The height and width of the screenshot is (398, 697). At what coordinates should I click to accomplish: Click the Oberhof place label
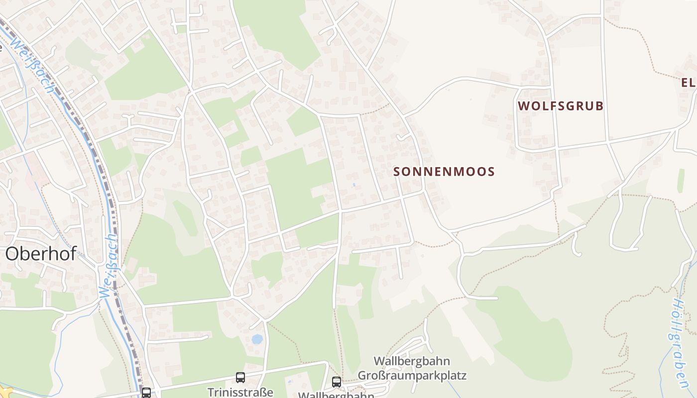click(x=41, y=254)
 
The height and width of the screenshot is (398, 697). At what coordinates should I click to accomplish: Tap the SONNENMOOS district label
click(x=444, y=172)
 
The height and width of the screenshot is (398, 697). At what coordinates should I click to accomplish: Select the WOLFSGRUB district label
click(x=561, y=106)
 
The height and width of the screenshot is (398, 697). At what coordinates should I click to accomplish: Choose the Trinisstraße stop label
click(x=240, y=392)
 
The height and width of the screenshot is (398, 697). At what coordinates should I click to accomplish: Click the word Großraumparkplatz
click(x=412, y=375)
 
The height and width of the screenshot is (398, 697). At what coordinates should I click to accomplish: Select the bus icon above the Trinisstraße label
click(x=240, y=378)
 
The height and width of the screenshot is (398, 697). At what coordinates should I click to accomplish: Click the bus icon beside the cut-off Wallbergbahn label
click(x=337, y=382)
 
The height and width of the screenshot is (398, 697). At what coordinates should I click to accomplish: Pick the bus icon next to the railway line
click(x=146, y=393)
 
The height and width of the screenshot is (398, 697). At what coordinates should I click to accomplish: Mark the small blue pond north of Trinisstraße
click(x=257, y=339)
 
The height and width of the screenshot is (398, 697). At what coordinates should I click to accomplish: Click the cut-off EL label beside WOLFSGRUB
click(x=689, y=83)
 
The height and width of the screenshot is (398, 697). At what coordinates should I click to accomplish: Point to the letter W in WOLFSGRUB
click(x=523, y=106)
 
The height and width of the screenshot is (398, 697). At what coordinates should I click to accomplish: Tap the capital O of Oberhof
click(x=12, y=254)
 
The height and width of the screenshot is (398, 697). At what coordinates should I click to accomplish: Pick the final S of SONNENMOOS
click(x=491, y=172)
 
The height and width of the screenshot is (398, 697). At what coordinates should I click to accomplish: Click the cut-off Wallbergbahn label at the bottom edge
click(x=336, y=395)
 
